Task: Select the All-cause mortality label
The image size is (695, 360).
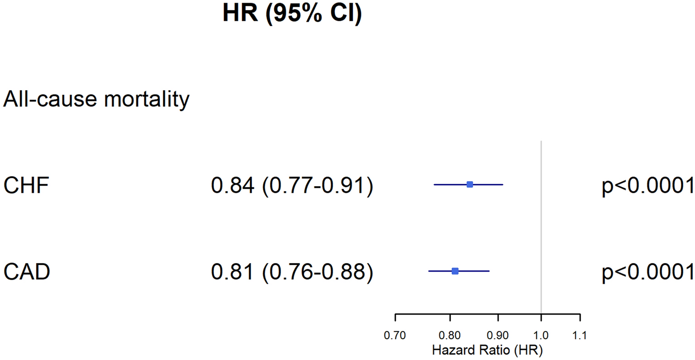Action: [96, 99]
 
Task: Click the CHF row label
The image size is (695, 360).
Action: [26, 185]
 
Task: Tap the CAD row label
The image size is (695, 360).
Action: [27, 272]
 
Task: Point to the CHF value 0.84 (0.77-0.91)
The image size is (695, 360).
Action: [292, 185]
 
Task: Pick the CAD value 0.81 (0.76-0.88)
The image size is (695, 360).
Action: [292, 272]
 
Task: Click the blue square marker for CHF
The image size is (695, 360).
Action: [470, 185]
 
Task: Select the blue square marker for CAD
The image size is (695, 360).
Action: [455, 271]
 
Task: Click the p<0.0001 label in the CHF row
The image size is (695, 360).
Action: [647, 185]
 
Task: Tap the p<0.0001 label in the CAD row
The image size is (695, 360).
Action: [647, 272]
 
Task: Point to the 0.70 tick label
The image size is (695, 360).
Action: [395, 336]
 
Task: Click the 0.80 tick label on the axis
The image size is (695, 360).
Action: [449, 336]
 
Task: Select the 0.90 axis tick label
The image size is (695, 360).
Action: [498, 336]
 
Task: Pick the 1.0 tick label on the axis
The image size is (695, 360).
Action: [541, 336]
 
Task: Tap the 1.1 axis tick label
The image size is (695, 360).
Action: [579, 336]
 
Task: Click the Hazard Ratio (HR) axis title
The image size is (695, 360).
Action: [487, 350]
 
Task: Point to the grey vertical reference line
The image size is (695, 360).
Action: [541, 226]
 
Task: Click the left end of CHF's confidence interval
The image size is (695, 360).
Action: [434, 185]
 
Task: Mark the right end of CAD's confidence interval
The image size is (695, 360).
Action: [489, 271]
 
